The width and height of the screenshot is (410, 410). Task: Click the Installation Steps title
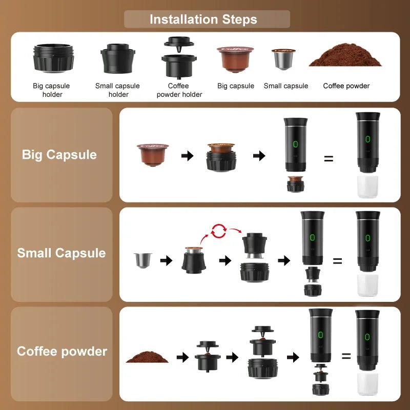point(203,19)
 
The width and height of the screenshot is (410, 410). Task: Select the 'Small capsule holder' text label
point(117,90)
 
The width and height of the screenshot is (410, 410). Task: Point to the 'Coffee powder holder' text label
point(179,90)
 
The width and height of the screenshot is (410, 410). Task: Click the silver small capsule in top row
point(283,59)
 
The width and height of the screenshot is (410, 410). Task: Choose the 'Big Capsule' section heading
point(59,155)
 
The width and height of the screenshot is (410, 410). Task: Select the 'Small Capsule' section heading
point(61,253)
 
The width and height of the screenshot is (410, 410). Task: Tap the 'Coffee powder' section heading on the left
point(62,352)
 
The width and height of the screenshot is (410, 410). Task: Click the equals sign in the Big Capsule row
point(329,158)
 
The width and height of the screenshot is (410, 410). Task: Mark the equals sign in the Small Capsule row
point(337,261)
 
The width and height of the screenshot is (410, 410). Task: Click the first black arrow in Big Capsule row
point(188,156)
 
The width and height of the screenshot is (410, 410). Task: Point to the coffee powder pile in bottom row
point(148,357)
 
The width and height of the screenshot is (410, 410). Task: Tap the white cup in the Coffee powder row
point(367,384)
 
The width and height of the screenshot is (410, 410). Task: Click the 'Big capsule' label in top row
point(236,86)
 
